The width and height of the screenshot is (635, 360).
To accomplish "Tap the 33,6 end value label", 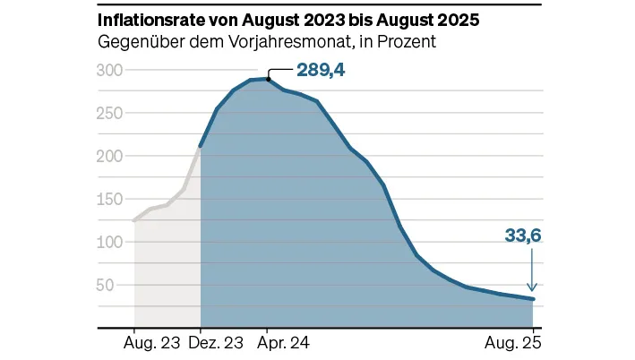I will (524, 236).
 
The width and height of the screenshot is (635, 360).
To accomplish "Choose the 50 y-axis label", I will (110, 286).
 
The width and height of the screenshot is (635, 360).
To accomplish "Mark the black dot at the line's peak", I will (269, 79).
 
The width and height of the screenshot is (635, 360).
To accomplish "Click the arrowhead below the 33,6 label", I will (533, 287).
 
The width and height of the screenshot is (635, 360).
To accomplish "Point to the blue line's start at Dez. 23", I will (201, 146).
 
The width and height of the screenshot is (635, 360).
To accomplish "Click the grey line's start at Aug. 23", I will (133, 220).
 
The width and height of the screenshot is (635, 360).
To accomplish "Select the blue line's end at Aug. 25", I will (534, 299).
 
